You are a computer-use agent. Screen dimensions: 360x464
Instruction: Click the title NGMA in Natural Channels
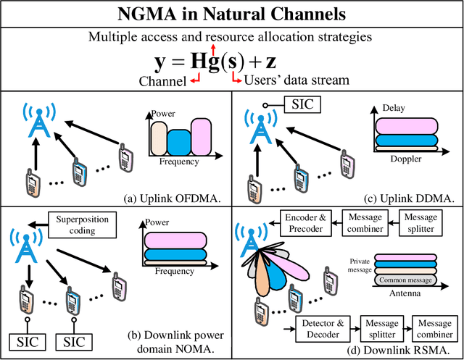point(231,14)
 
